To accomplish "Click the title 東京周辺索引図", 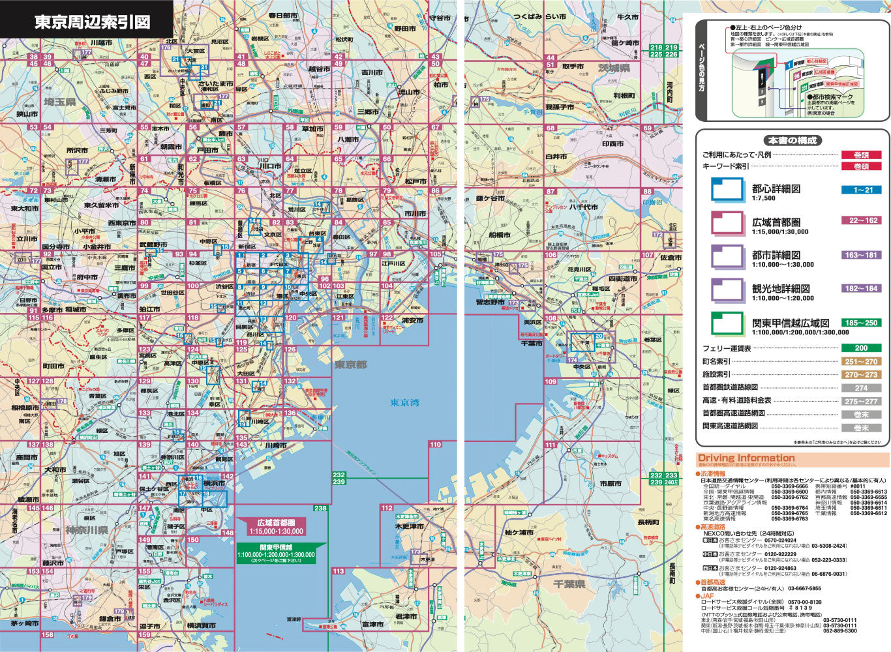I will pos(92,22).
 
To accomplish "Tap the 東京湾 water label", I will pos(404,403).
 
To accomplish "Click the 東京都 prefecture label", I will pos(351,364).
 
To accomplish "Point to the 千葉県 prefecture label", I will pos(569,584).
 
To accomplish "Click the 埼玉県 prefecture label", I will pos(60,102).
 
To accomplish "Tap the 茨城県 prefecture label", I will pos(614,68).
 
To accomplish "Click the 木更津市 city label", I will pos(410,526).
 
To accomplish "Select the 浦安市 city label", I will pos(412,321).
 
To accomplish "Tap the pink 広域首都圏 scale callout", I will pos(280,527).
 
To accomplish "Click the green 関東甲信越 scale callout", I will pos(275,551).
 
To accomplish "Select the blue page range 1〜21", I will pos(861,190).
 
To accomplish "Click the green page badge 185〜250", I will pos(861,323).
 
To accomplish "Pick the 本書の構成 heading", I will pos(791,140).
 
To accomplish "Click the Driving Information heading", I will pos(746,458).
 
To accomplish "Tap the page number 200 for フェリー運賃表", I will pos(861,348).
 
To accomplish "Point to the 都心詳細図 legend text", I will pos(776,188).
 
